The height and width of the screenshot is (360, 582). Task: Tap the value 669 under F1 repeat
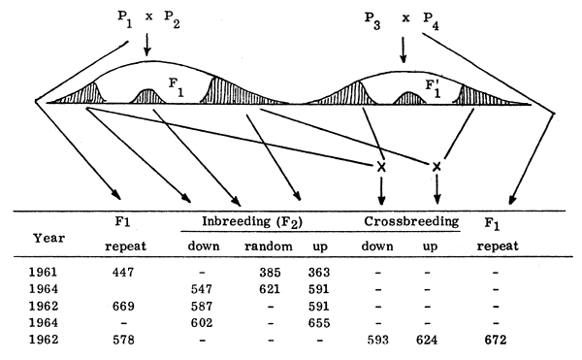pyautogui.click(x=123, y=306)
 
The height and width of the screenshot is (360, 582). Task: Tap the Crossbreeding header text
pyautogui.click(x=410, y=222)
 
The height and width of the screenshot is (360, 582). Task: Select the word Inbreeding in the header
pyautogui.click(x=230, y=222)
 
